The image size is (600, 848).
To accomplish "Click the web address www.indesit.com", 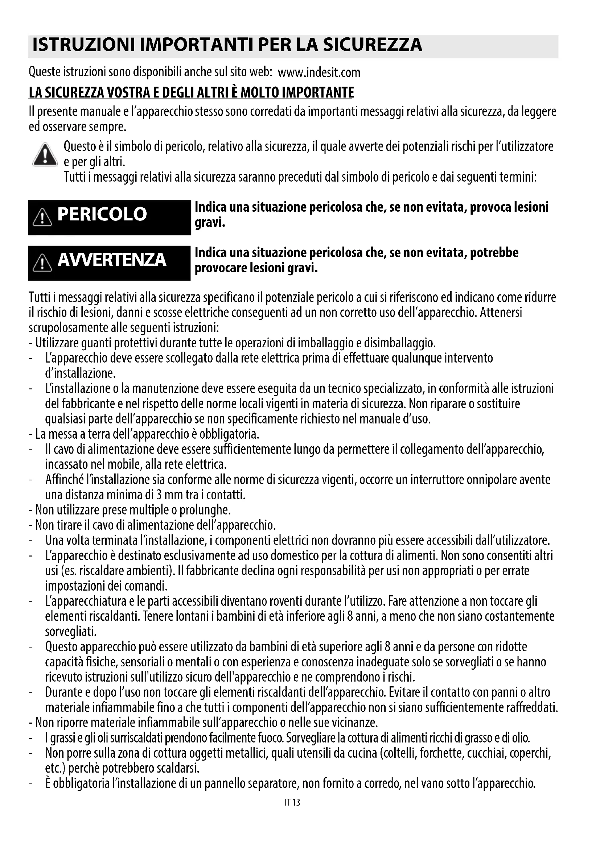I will [319, 73].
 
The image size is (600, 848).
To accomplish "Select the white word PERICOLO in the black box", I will [102, 214].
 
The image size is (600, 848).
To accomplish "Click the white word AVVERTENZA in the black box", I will [112, 260].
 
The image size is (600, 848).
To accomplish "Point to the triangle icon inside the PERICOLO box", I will [42, 218].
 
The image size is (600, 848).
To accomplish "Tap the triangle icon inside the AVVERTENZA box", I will [42, 263].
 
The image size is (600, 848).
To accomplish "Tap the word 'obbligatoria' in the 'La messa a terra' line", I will [229, 434].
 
